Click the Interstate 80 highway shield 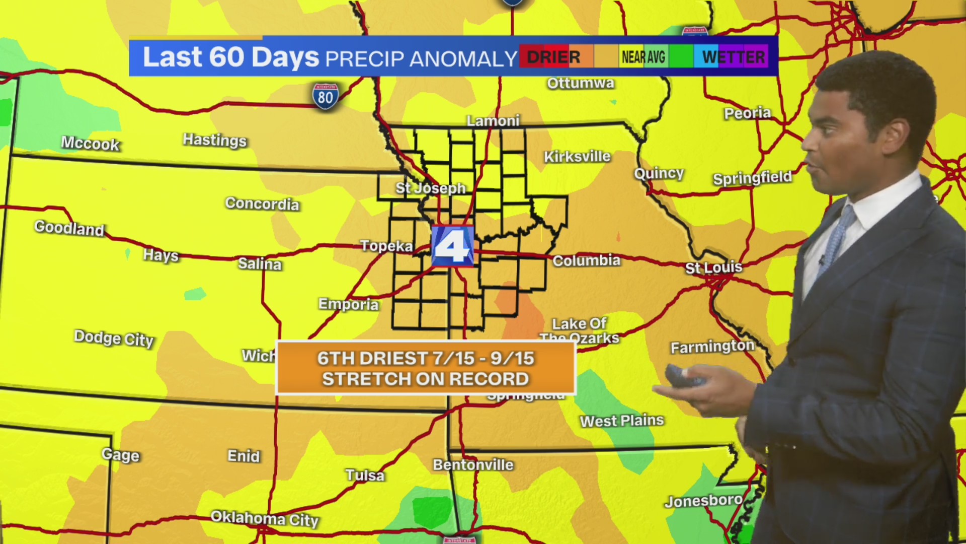(x=325, y=96)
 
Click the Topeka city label (x=386, y=246)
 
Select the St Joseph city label (x=430, y=188)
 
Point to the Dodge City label (x=114, y=338)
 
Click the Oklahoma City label (x=264, y=518)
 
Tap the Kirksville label (x=577, y=157)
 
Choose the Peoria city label (x=747, y=113)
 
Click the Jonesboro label (x=703, y=501)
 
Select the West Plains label (x=622, y=421)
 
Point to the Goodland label (x=69, y=228)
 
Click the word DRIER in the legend (x=553, y=57)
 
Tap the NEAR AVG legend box (x=643, y=57)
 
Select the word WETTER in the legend (x=734, y=57)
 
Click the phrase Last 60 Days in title (x=231, y=57)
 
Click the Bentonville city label (x=473, y=465)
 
